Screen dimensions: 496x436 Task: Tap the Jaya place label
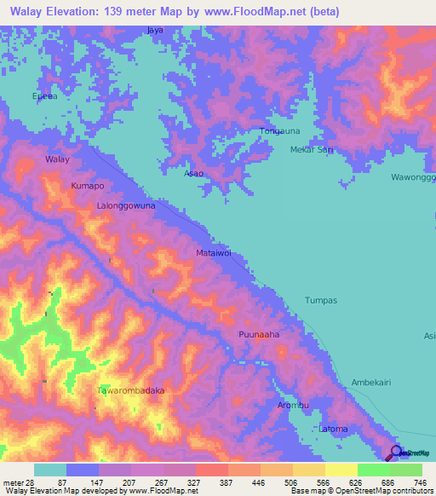tap(154, 30)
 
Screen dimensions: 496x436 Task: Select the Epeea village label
tap(44, 96)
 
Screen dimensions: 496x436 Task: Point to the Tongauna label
tap(278, 131)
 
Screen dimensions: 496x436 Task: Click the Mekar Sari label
tap(311, 150)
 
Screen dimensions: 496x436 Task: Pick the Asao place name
tap(193, 173)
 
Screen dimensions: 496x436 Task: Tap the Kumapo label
tap(88, 185)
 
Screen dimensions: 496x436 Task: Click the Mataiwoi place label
tap(214, 253)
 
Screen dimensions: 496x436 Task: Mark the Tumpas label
tap(321, 301)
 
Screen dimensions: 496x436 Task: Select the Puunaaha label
tap(259, 334)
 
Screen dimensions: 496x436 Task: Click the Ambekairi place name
tap(371, 384)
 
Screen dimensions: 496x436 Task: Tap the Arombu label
tap(292, 405)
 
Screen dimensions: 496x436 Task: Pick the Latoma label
tap(334, 428)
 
